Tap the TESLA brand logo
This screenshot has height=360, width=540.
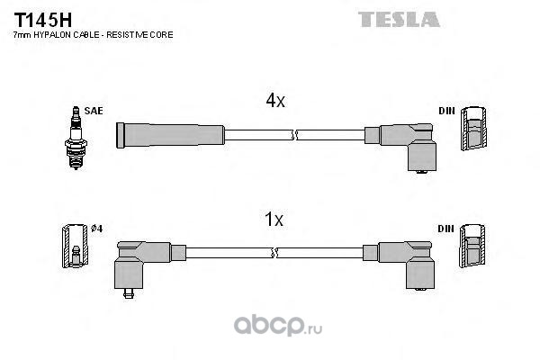point(399,18)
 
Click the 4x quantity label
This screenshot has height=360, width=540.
point(274,102)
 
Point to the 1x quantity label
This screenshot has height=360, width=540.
point(274,219)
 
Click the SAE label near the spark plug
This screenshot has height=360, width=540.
point(94,111)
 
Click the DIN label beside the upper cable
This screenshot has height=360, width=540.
point(446,111)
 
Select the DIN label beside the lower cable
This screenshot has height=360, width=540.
point(446,229)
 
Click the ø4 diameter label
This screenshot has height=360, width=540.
point(97,229)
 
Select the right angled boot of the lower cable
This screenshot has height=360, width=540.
point(408,262)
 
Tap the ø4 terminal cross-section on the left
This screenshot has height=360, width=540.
point(74,244)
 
